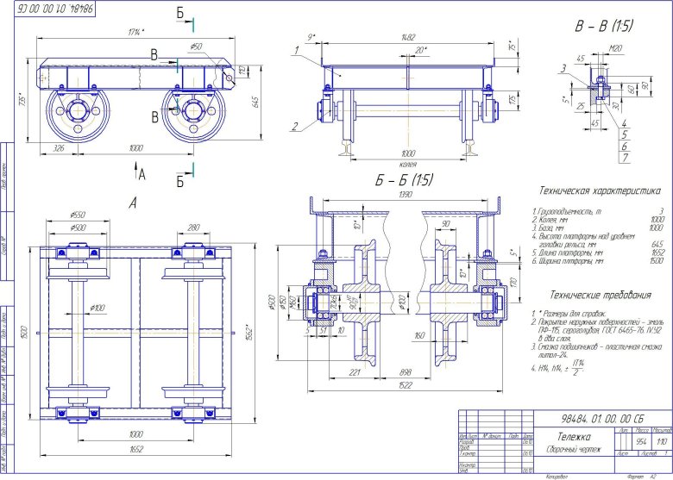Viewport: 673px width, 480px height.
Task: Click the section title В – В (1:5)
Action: [x=604, y=27]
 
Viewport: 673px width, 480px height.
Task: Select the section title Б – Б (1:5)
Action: [x=404, y=180]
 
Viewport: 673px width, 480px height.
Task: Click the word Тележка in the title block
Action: [x=563, y=437]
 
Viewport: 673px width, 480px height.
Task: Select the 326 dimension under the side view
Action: [x=60, y=148]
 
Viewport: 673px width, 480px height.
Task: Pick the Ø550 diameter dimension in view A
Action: [x=77, y=215]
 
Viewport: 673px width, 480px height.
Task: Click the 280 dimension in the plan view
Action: [x=192, y=228]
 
